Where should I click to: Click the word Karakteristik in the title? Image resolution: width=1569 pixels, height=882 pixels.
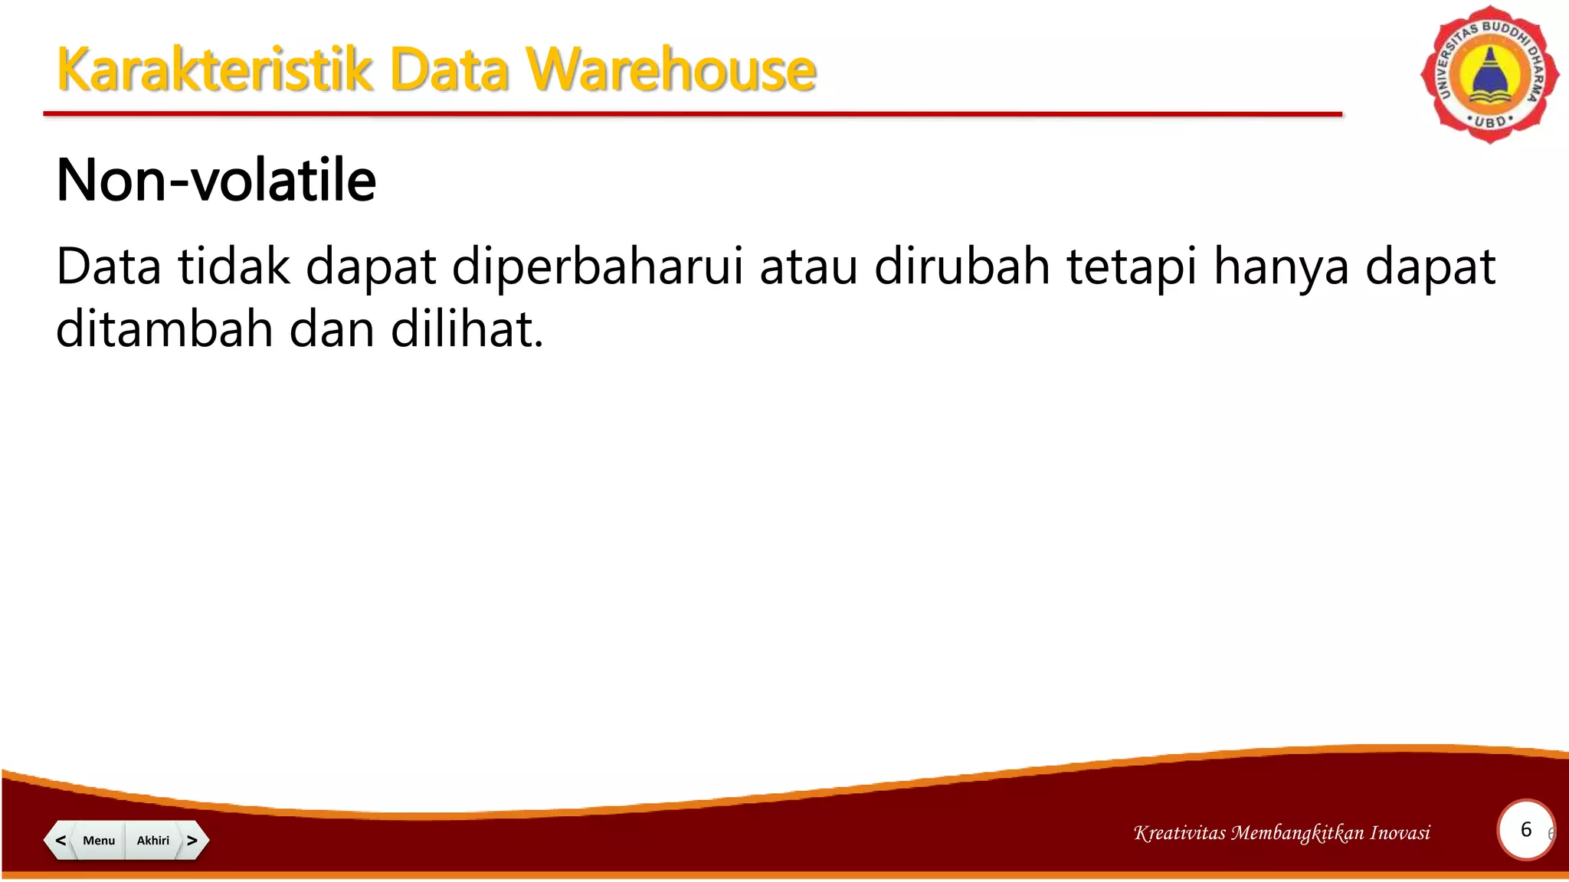click(214, 70)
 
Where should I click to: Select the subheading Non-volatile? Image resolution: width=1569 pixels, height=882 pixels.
click(216, 181)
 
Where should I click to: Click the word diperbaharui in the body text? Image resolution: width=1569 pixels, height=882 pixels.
click(598, 267)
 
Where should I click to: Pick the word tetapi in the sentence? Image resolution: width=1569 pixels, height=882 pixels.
click(1131, 267)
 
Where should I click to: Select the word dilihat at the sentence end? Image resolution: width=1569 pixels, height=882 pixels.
click(467, 329)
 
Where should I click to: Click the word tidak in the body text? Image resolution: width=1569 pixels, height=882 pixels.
click(234, 267)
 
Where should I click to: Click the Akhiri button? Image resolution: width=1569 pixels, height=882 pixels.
click(153, 840)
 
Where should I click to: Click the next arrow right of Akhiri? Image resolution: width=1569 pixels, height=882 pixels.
click(192, 840)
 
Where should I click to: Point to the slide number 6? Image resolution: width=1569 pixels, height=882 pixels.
click(1525, 830)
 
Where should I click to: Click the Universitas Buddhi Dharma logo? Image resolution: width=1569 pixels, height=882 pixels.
click(1489, 74)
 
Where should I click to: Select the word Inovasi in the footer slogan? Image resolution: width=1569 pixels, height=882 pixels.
click(1400, 833)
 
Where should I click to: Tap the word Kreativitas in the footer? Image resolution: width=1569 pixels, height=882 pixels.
click(1180, 833)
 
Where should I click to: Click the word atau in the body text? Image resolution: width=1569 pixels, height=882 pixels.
click(808, 267)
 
